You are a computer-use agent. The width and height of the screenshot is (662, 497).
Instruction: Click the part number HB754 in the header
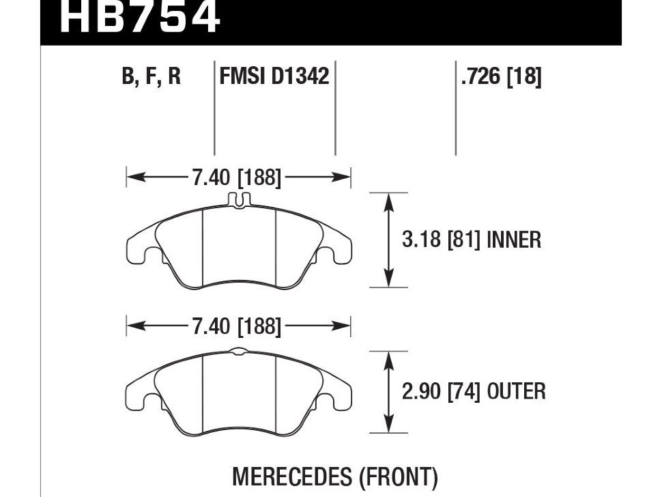point(140,17)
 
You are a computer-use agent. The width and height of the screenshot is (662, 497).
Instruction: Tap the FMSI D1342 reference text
point(274,76)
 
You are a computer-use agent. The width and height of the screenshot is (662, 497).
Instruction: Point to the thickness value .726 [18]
point(501,76)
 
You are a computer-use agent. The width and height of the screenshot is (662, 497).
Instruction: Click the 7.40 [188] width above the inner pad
point(236,177)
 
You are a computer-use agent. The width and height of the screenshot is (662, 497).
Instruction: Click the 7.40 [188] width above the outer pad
point(236,326)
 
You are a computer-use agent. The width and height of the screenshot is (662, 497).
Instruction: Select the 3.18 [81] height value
point(441,240)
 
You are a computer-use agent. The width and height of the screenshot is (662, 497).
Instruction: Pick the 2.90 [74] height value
point(441,391)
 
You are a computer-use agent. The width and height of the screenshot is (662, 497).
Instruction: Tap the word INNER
point(514,240)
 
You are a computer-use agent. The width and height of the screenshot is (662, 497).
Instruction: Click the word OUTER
point(517,391)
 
